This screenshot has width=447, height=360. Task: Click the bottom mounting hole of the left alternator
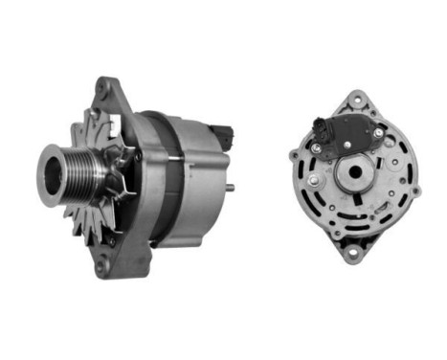[102, 267]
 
